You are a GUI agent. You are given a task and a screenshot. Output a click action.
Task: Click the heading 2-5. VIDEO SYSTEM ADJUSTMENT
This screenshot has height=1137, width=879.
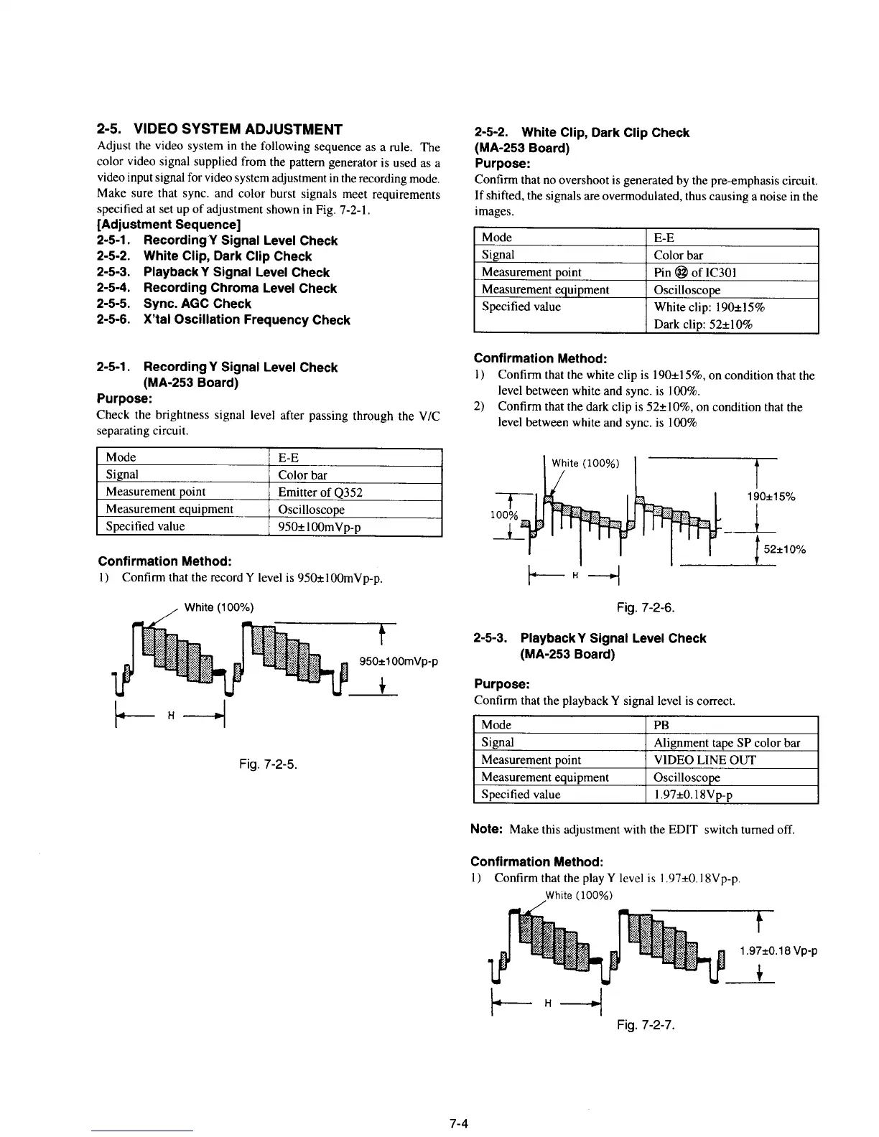tap(219, 130)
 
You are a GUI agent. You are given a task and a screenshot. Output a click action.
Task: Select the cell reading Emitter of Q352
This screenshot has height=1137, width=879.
tap(320, 492)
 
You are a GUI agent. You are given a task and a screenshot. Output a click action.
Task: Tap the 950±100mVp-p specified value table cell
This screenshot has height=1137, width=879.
tap(320, 527)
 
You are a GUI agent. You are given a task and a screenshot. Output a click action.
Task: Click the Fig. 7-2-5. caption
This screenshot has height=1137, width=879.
tap(268, 763)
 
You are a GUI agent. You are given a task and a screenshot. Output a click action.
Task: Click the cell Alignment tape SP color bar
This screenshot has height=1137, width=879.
tap(727, 742)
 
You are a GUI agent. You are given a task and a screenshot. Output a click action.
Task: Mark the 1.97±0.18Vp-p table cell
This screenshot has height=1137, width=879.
tap(693, 795)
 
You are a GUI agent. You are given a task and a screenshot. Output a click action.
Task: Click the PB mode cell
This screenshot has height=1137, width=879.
tap(661, 725)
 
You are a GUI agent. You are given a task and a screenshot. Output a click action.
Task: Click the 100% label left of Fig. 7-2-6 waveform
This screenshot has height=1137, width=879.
tap(503, 515)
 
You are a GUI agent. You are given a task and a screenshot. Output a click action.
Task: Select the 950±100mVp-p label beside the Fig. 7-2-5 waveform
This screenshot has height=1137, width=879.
tap(398, 661)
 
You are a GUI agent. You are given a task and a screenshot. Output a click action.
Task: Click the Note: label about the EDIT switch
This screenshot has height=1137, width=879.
tap(486, 829)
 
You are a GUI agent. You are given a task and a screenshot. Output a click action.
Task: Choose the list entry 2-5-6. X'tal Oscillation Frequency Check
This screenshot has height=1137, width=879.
tap(223, 320)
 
